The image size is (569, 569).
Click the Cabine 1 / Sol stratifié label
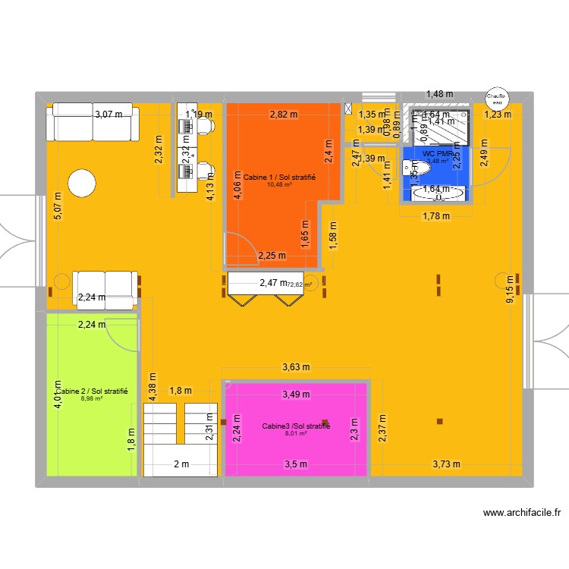tap(279, 177)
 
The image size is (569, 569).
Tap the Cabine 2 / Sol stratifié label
tap(93, 391)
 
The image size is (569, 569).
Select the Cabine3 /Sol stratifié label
tap(296, 426)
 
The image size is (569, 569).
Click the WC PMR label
tap(438, 153)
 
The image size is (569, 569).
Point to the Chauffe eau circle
tap(496, 96)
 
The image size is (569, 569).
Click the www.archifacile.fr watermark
tap(523, 514)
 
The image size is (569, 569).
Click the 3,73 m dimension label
tap(446, 464)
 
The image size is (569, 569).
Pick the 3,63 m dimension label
tap(296, 367)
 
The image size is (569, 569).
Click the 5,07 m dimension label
tap(58, 205)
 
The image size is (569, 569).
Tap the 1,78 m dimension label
tap(436, 215)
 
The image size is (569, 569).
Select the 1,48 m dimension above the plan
tap(439, 94)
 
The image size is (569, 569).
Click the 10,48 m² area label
tap(279, 184)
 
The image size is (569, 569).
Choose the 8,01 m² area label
tap(296, 434)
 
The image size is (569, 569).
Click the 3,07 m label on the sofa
tap(108, 115)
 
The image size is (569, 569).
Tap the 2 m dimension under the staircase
tap(181, 464)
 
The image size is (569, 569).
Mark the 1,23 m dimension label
tap(498, 115)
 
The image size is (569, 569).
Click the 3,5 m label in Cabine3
tap(296, 464)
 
